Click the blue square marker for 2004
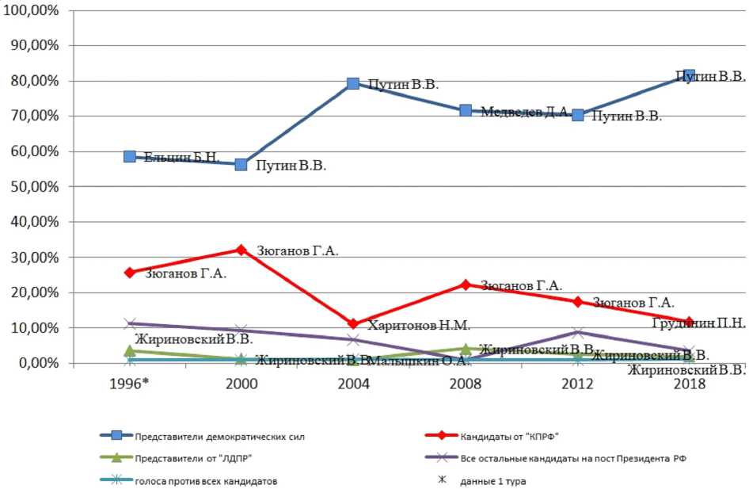353,83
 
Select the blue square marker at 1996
130,156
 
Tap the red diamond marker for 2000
241,250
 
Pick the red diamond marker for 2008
466,285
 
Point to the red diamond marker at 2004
353,324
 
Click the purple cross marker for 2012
578,332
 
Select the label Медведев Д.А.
525,112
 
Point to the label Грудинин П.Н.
698,323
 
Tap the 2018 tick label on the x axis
690,382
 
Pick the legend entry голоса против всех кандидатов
196,479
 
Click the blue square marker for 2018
690,76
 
